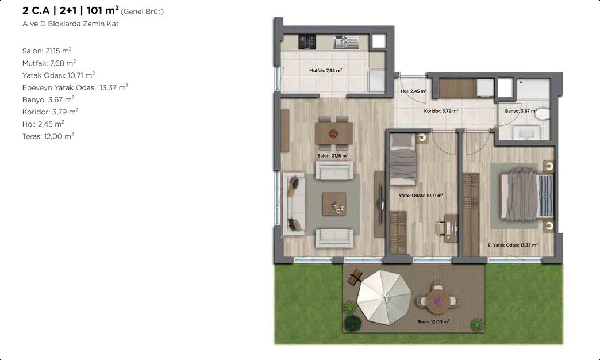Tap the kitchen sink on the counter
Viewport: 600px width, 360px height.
tap(345, 42)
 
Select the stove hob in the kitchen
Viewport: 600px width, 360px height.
tap(307, 42)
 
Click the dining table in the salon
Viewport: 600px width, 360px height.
tap(334, 133)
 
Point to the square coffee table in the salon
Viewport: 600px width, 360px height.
tap(334, 204)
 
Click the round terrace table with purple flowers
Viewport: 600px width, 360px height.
tap(437, 300)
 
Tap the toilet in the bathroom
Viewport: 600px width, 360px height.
tap(542, 114)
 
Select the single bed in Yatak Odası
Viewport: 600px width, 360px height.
tap(403, 159)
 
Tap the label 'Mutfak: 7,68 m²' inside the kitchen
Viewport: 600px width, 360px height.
tap(326, 70)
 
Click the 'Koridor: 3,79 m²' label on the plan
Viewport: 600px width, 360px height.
tap(441, 110)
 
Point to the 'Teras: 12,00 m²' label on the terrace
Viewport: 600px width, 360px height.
tap(433, 321)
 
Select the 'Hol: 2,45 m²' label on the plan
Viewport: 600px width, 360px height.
tap(414, 91)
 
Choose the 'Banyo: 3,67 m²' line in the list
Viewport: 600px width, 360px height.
tap(48, 99)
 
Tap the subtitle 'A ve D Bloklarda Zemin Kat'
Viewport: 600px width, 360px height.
tap(71, 24)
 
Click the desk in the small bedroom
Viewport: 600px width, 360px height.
tap(451, 228)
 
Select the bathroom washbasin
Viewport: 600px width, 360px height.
tap(526, 132)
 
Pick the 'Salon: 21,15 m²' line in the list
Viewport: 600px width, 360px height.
tap(47, 51)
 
